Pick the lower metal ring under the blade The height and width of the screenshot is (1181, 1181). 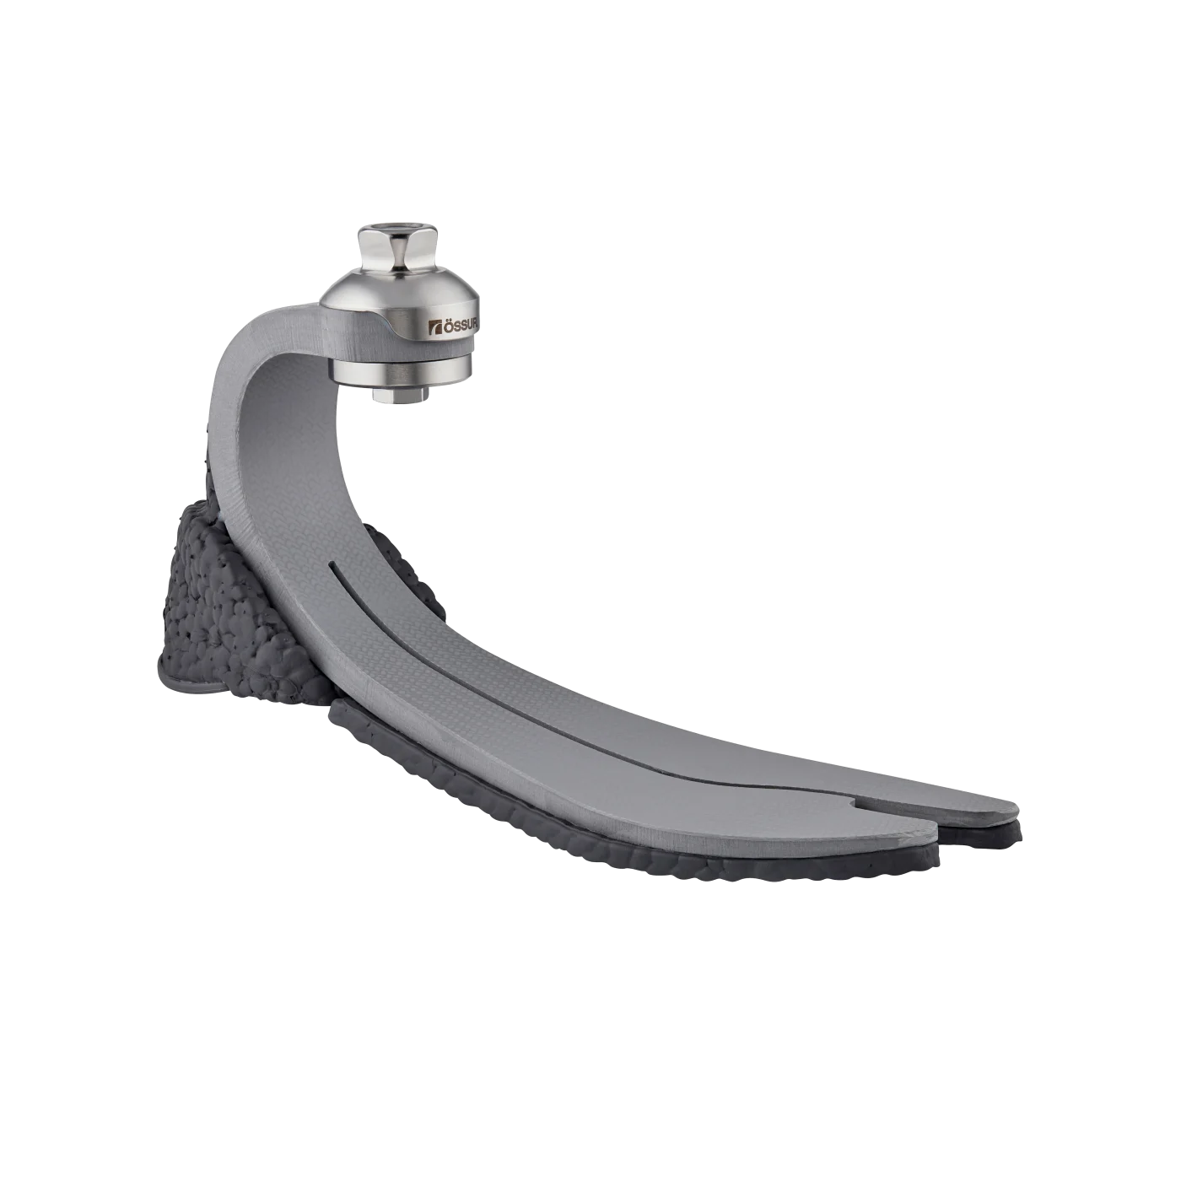tap(401, 375)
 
